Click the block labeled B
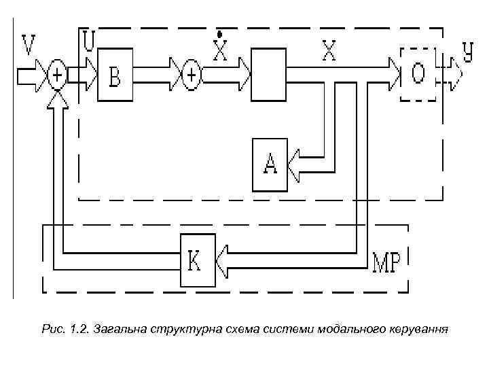[x=115, y=74]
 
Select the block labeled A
[x=270, y=164]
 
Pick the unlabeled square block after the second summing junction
[x=269, y=74]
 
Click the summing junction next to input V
[x=58, y=74]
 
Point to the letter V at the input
[x=29, y=46]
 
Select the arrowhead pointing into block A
[x=294, y=164]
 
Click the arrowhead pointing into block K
[x=223, y=260]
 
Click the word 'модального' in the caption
[x=352, y=330]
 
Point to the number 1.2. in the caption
[x=80, y=330]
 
